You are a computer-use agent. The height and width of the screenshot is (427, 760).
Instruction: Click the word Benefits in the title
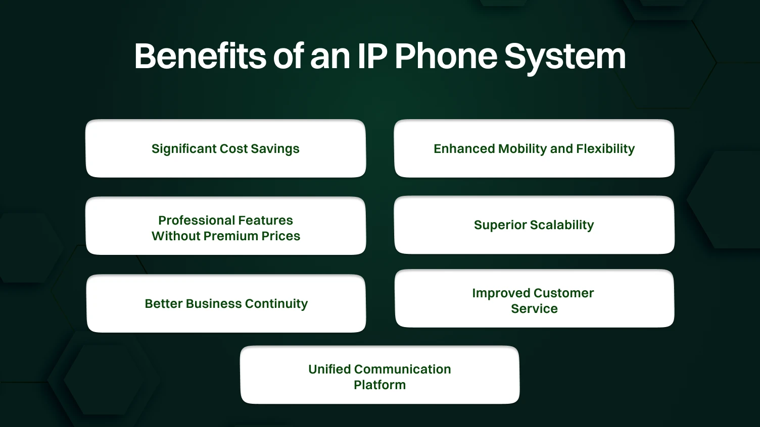point(200,56)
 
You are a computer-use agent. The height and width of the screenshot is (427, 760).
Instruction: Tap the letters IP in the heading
point(372,56)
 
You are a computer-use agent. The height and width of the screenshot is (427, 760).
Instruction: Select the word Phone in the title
point(446,56)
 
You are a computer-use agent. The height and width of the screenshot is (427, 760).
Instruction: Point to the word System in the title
point(565,57)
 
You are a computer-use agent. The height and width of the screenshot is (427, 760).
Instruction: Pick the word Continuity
point(276,304)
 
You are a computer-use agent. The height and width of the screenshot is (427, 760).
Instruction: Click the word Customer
point(563,293)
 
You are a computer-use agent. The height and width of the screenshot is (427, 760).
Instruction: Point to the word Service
point(534,309)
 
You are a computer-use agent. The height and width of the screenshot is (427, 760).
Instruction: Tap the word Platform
point(379,385)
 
